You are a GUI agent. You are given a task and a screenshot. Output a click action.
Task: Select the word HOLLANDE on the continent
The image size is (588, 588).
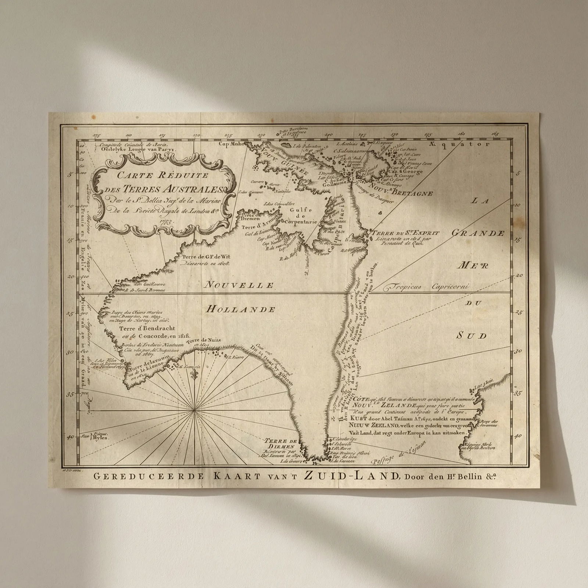(x=240, y=309)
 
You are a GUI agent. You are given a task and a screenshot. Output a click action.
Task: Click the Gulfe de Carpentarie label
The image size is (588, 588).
(x=300, y=216)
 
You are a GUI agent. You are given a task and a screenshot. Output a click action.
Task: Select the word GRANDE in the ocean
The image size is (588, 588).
(x=478, y=233)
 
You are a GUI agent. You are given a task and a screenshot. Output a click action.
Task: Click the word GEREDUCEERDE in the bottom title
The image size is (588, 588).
(x=148, y=477)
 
